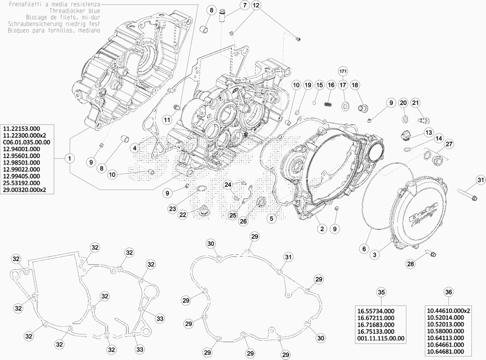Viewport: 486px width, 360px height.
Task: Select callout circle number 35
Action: coord(380,292)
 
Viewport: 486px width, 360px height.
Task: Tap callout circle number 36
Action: coord(449,292)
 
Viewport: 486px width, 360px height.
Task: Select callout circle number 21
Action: coord(416,103)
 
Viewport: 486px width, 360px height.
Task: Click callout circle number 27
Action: coord(449,144)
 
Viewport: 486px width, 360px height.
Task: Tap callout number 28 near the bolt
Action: coord(411,263)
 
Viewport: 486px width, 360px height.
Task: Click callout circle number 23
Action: coord(173,208)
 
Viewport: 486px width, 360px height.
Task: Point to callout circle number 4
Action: coord(132,147)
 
